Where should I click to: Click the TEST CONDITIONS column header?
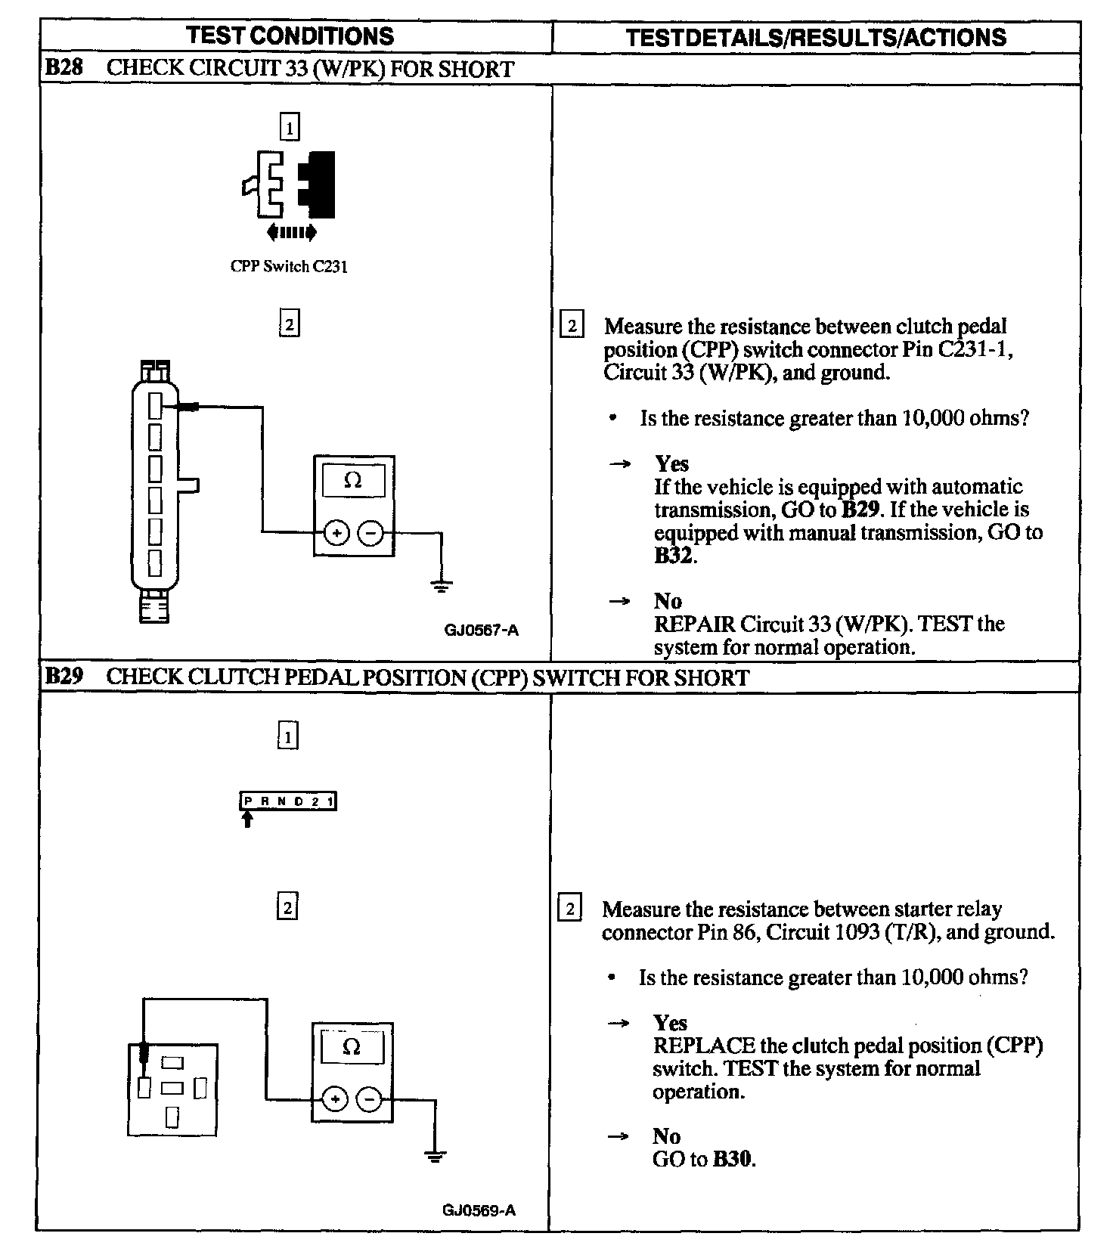290,36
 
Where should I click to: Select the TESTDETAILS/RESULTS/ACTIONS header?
816,38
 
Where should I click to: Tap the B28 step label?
64,68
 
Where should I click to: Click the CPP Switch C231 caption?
289,267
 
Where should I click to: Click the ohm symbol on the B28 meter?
353,481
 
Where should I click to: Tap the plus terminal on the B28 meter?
336,534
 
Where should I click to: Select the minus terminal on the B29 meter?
369,1099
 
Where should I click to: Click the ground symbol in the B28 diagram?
442,585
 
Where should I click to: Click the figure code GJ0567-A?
482,630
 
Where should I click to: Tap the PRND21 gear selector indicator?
288,801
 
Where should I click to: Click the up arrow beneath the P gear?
247,820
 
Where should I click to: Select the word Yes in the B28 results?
671,463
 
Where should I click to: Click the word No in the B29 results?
667,1136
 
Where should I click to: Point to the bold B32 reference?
673,556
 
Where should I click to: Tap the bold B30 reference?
733,1159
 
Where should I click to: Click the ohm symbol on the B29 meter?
352,1047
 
